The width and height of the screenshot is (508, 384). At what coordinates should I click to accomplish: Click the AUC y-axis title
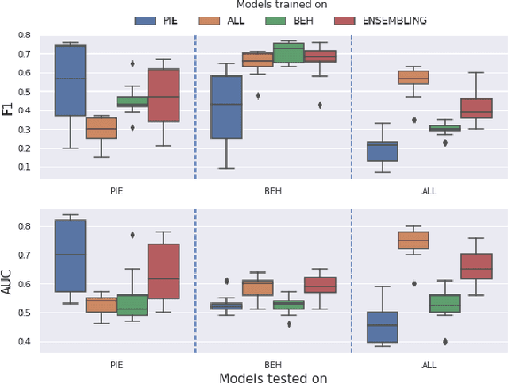pos(8,284)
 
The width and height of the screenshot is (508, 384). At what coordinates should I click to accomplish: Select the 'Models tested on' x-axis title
pos(273,378)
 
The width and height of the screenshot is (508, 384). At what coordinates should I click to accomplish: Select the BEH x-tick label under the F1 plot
pos(273,191)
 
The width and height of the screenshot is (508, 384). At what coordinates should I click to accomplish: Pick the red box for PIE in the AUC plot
pos(164,276)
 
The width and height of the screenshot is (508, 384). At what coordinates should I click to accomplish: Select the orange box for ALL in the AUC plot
pos(414,240)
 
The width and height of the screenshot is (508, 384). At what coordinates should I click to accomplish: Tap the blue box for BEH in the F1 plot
pos(226,106)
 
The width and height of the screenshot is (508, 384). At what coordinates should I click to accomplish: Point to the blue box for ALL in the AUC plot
pos(383,327)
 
